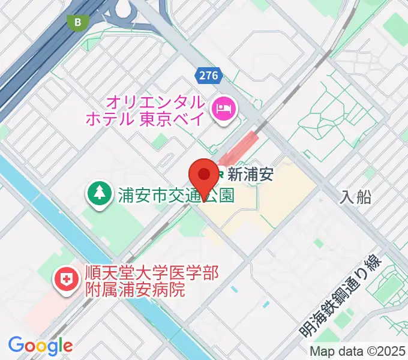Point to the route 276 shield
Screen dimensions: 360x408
tap(208, 75)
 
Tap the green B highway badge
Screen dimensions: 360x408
tap(77, 23)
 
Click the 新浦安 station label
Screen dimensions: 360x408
tap(251, 175)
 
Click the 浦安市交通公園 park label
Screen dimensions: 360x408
tap(176, 195)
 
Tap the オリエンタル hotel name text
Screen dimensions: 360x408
tap(156, 101)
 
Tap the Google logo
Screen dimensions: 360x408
tap(40, 346)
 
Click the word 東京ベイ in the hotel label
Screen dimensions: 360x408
tap(166, 118)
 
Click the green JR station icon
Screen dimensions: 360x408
tap(220, 175)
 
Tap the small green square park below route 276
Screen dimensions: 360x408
tap(160, 142)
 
